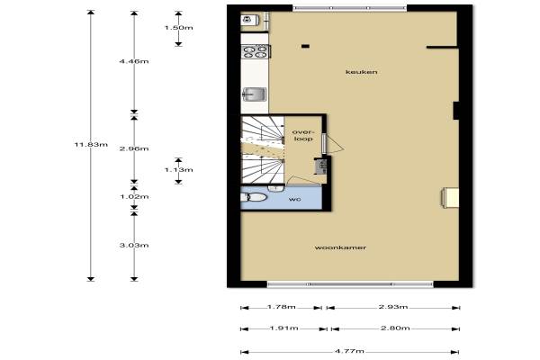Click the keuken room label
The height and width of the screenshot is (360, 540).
tap(361, 72)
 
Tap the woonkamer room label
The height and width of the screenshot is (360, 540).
tap(340, 247)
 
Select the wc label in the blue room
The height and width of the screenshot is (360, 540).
tap(295, 200)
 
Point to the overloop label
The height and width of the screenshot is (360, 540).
tap(303, 135)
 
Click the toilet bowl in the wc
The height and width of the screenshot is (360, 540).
tap(256, 198)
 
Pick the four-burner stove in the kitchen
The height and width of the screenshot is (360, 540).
tap(256, 51)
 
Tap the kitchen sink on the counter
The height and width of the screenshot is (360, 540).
tap(255, 94)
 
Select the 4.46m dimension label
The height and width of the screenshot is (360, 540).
tap(134, 61)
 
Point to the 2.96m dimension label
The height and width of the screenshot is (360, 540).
tap(134, 148)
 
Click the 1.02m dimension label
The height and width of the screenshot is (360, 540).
tap(134, 197)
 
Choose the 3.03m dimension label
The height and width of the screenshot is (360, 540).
tap(134, 246)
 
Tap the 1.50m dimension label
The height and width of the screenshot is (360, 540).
tap(179, 28)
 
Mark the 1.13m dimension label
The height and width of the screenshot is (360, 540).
tap(179, 170)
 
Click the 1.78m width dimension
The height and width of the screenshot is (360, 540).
tap(282, 307)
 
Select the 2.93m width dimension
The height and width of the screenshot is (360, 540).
tap(393, 307)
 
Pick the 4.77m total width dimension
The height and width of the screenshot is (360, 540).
tap(349, 351)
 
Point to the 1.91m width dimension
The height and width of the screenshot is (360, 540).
tap(283, 328)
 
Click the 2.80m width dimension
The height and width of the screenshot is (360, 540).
tap(395, 328)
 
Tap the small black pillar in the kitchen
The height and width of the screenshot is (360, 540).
tap(305, 46)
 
